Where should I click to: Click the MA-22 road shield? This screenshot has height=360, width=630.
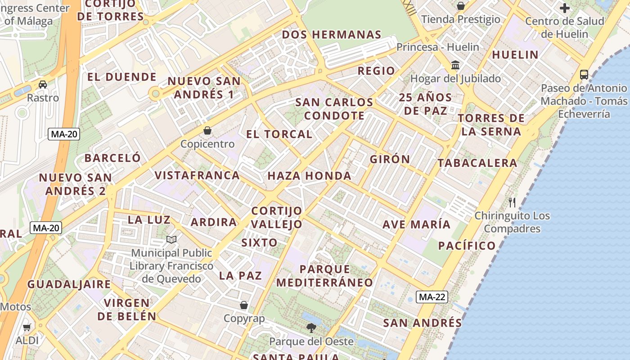point(432,297)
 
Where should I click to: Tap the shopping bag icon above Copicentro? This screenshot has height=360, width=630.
point(207,130)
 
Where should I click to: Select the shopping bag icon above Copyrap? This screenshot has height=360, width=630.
point(244,305)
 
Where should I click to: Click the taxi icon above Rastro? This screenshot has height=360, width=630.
point(43,84)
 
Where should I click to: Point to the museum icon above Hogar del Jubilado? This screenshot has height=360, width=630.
point(455,65)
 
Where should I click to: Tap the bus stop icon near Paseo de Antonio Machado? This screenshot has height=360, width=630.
point(584,74)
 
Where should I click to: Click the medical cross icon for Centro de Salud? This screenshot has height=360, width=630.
point(564,8)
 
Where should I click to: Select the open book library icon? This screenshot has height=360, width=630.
point(171,239)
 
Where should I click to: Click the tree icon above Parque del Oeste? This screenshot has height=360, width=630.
point(311,328)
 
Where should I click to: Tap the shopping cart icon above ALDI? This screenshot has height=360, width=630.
point(27,327)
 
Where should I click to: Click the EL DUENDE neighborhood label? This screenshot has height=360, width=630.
point(122,77)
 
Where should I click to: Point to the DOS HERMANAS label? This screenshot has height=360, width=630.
point(332,35)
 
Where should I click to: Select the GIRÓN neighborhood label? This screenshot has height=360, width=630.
point(390,159)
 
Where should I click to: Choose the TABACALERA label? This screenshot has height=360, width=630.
point(477,163)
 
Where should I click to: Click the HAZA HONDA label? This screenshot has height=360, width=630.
point(310,176)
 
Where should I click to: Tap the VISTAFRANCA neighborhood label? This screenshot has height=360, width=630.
point(197,175)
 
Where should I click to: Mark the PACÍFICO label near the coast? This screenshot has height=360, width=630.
point(467,246)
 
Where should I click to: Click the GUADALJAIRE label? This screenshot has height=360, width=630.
point(69,284)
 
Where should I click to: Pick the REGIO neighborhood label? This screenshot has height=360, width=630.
point(376,71)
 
